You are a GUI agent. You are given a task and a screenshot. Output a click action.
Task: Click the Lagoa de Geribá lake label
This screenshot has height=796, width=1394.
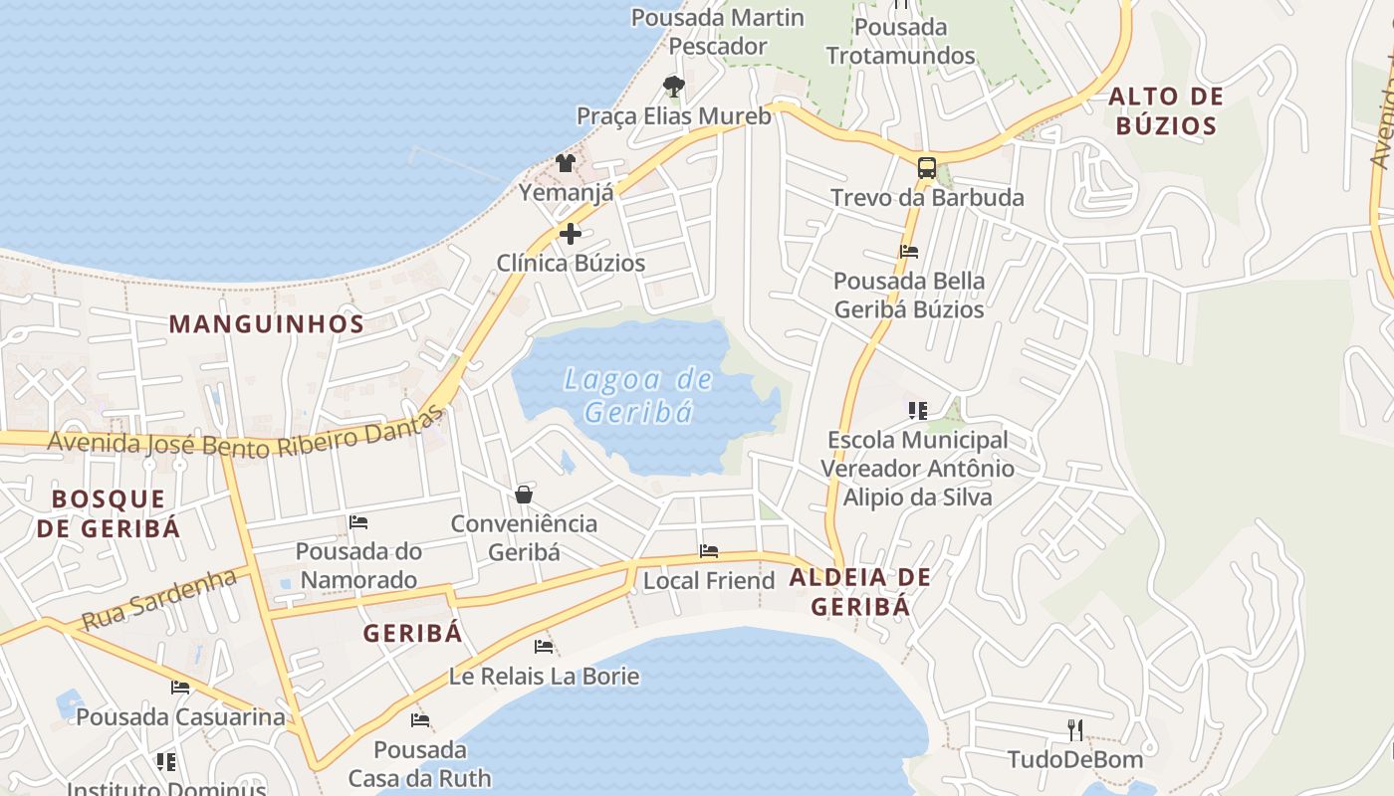(638, 395)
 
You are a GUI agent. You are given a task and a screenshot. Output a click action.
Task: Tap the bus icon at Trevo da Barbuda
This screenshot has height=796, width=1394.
(926, 167)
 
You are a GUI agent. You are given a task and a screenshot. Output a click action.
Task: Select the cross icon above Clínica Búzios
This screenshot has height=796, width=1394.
(571, 234)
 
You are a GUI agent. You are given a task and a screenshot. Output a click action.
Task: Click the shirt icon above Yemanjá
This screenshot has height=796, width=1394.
(566, 162)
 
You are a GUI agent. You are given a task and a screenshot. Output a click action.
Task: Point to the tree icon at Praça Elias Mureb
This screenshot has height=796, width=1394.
(674, 87)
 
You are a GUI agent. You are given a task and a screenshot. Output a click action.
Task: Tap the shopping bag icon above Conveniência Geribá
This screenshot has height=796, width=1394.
(524, 494)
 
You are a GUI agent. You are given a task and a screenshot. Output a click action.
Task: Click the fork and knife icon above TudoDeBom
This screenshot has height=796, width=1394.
(1075, 730)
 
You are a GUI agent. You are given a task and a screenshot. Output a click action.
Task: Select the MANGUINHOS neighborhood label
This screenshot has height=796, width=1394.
(267, 323)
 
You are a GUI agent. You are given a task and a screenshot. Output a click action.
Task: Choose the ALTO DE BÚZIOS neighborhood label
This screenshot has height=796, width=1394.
(1165, 110)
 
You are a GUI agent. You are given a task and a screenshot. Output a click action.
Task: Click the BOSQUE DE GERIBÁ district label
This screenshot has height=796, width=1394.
(109, 512)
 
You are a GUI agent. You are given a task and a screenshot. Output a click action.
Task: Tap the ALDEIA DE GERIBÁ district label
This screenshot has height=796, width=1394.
(860, 592)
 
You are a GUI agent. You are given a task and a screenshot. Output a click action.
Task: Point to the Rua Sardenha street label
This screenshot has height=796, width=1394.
(159, 599)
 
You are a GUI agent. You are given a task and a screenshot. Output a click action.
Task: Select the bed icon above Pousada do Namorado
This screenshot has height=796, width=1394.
(358, 521)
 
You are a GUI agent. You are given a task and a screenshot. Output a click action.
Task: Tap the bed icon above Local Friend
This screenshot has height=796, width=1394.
(709, 550)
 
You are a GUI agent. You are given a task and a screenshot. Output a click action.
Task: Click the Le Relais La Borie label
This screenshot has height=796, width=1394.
(544, 677)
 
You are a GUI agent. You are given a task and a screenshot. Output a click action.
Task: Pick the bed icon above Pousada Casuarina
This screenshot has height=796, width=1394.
(180, 687)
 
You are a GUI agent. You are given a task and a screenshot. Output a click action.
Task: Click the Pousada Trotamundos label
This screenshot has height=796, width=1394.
(901, 41)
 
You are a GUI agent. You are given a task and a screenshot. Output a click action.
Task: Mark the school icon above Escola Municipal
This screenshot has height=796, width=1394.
(917, 409)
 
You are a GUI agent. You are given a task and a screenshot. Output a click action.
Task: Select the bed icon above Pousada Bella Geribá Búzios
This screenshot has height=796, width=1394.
(908, 252)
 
